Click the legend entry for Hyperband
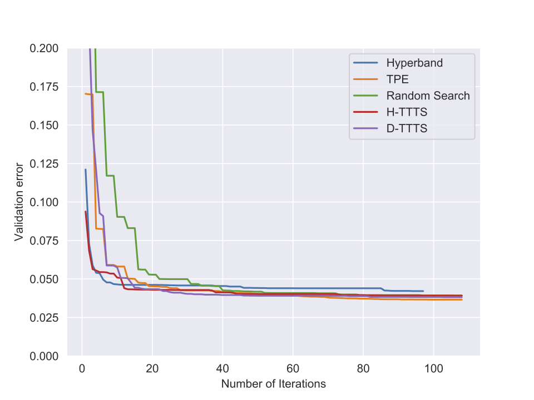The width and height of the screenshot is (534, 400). [414, 63]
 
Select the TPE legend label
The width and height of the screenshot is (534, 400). [397, 79]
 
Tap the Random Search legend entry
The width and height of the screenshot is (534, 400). [428, 96]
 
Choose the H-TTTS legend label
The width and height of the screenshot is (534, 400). [407, 112]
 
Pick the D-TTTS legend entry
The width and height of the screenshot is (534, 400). [407, 129]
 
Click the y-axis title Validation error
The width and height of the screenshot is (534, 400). [19, 202]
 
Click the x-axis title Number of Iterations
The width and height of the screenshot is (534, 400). [274, 384]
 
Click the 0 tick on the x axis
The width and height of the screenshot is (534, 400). [82, 368]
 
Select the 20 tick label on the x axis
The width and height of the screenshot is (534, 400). [152, 368]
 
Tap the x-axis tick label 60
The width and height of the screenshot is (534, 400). [293, 368]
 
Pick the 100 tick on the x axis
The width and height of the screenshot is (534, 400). [433, 368]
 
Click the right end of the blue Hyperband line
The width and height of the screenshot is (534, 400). [423, 291]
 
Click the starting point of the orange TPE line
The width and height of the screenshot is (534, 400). [86, 94]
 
